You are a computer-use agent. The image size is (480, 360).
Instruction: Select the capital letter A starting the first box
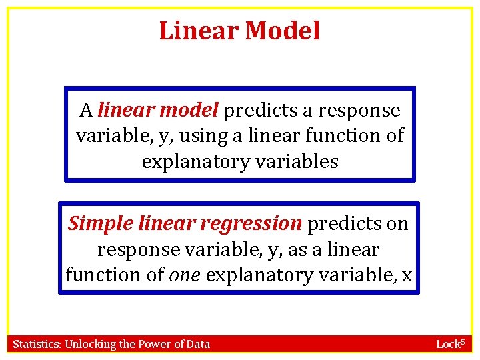coord(85,110)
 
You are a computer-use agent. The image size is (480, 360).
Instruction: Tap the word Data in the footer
coord(197,344)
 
